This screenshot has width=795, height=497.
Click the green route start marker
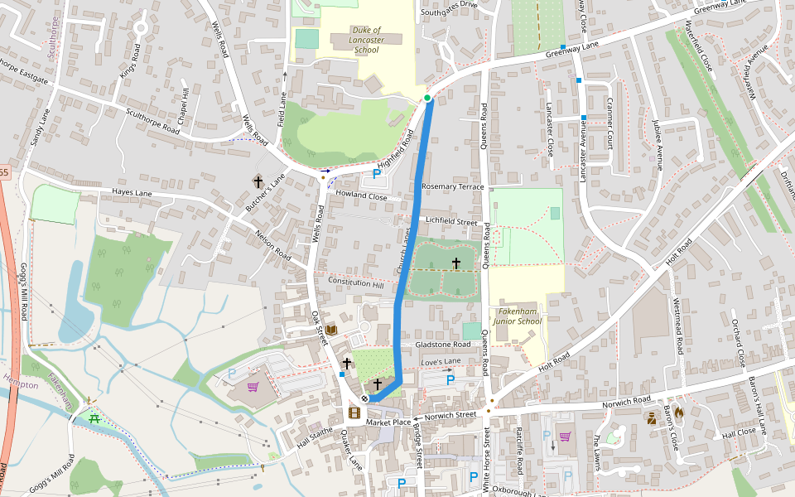pos(427,99)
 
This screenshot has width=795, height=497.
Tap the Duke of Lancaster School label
pos(366,40)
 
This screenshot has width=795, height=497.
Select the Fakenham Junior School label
pos(517,316)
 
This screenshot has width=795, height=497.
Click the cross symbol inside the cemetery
pos(455,263)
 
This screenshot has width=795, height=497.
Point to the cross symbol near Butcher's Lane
pos(258,181)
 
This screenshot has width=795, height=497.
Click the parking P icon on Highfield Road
pos(377,174)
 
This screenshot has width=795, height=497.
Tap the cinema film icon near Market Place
pos(354,413)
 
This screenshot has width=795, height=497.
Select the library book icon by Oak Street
pos(331,330)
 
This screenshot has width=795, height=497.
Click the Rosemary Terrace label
pos(452,186)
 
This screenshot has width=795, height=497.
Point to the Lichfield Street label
pos(451,221)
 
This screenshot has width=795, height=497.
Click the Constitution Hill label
pos(356,282)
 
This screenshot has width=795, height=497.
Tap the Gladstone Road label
pos(443,344)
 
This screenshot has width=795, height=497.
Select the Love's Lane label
pos(441,363)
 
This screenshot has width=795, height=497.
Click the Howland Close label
pos(361,197)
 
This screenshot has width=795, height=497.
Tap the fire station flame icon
pos(679,411)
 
